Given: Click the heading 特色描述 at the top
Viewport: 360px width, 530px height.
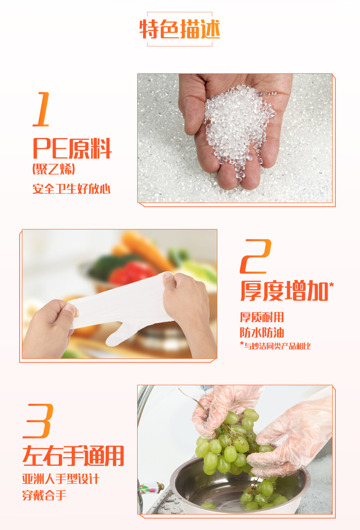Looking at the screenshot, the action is pyautogui.click(x=180, y=29).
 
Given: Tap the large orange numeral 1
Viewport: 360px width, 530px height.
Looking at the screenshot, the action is pyautogui.click(x=42, y=110).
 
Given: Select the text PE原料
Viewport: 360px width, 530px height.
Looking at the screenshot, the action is pyautogui.click(x=72, y=148).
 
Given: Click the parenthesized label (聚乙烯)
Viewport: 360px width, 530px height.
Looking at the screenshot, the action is pyautogui.click(x=53, y=168).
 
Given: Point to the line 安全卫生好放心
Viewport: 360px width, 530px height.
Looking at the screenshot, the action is pyautogui.click(x=72, y=189).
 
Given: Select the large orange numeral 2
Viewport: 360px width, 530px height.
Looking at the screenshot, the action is pyautogui.click(x=256, y=256).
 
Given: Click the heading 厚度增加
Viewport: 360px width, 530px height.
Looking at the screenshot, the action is pyautogui.click(x=284, y=291).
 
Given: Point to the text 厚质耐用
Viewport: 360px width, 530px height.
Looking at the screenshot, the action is pyautogui.click(x=262, y=317).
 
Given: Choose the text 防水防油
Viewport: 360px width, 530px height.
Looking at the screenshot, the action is pyautogui.click(x=262, y=332).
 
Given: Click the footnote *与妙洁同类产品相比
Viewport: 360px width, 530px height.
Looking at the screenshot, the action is pyautogui.click(x=275, y=346).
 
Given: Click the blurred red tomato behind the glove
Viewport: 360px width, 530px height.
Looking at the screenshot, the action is pyautogui.click(x=132, y=273).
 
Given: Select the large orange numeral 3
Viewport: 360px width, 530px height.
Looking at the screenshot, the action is pyautogui.click(x=38, y=421).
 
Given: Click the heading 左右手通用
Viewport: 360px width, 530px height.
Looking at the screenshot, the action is pyautogui.click(x=73, y=456).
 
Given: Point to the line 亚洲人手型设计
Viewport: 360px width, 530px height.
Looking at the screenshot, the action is pyautogui.click(x=61, y=479).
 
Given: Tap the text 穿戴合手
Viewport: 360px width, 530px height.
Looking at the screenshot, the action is pyautogui.click(x=44, y=495).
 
